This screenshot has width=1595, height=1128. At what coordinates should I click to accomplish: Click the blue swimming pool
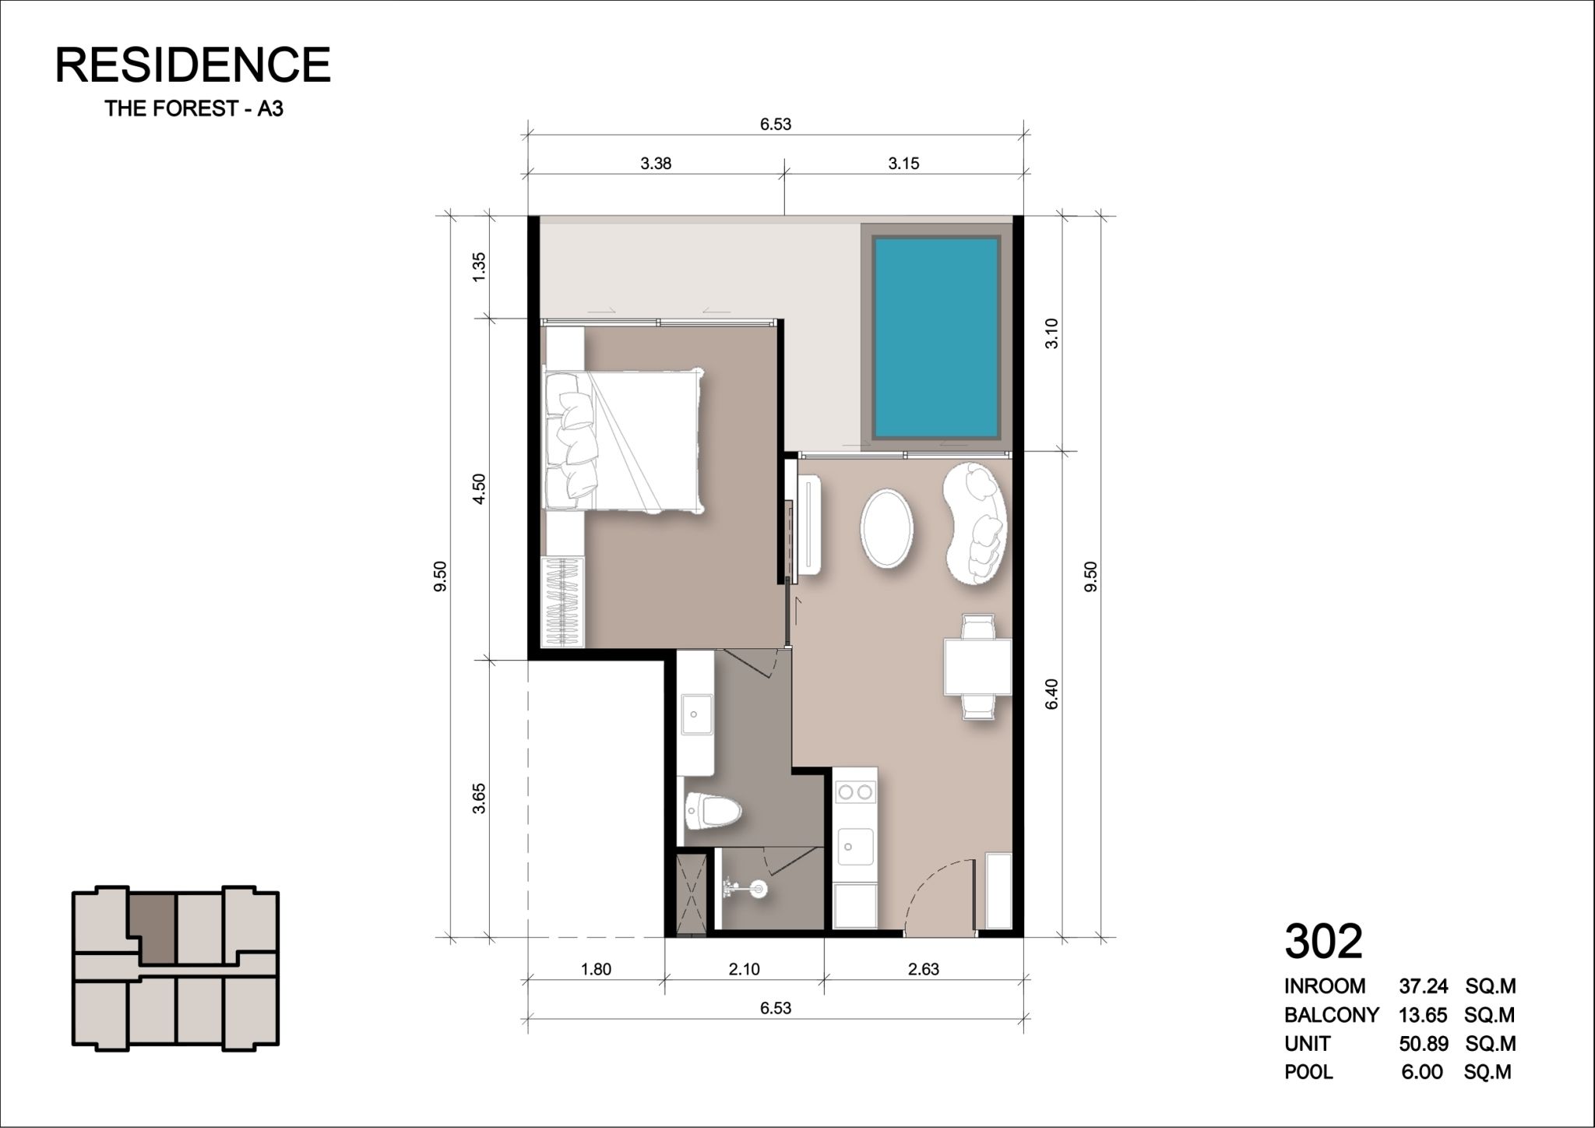(935, 337)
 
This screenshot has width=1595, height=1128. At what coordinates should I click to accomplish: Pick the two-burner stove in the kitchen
(855, 792)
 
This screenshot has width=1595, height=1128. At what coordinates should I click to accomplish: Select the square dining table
(977, 667)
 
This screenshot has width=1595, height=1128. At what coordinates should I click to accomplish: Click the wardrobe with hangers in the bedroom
(562, 601)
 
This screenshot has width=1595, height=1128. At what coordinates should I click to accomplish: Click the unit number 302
(1323, 941)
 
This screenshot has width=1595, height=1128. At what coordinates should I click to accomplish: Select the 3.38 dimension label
(656, 164)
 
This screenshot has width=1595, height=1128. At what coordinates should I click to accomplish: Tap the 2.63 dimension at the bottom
(923, 969)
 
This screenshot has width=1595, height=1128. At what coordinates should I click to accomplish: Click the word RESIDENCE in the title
(192, 65)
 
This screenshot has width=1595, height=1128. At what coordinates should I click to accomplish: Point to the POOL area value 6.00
(1422, 1072)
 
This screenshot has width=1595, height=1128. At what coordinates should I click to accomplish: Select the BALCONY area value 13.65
(1417, 1015)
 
